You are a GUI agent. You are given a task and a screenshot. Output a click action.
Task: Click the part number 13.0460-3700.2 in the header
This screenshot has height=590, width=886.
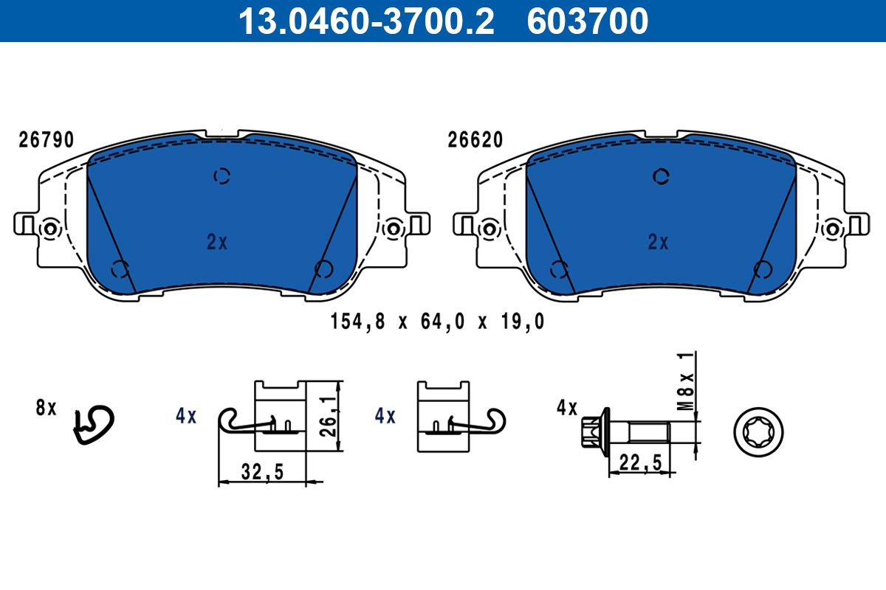coord(366,21)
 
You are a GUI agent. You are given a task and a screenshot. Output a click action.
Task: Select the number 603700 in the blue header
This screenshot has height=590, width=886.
coord(588,21)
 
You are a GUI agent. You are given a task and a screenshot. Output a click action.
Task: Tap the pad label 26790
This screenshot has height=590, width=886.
coord(47,140)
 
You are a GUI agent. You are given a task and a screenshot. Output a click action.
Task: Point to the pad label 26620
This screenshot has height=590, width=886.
coord(475,140)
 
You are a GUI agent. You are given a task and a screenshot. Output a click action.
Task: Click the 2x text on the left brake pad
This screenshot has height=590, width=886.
coord(217,242)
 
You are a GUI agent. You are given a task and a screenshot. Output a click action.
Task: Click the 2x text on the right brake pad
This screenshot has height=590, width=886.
coord(658,242)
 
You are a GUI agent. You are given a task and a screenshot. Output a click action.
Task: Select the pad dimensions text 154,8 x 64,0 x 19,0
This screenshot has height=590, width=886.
coord(437,322)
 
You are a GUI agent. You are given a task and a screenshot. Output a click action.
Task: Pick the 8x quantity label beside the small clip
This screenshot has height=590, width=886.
coord(47,408)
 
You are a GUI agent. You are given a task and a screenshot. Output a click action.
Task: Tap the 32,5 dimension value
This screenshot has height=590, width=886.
coord(262,472)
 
